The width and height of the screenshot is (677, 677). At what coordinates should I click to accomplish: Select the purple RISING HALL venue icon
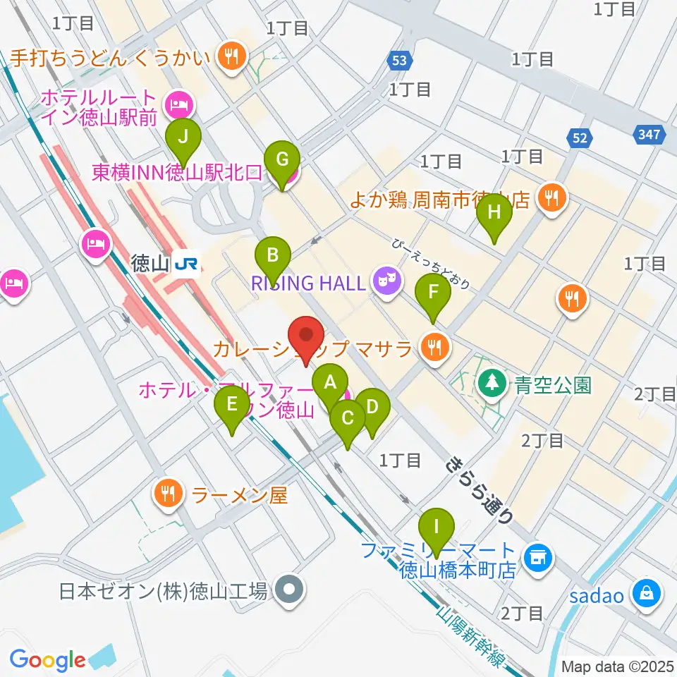click(387, 283)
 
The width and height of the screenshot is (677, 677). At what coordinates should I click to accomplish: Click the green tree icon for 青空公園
click(491, 384)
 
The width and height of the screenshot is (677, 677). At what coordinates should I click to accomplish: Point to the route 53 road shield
click(399, 61)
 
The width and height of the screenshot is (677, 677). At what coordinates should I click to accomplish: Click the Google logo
click(47, 660)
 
